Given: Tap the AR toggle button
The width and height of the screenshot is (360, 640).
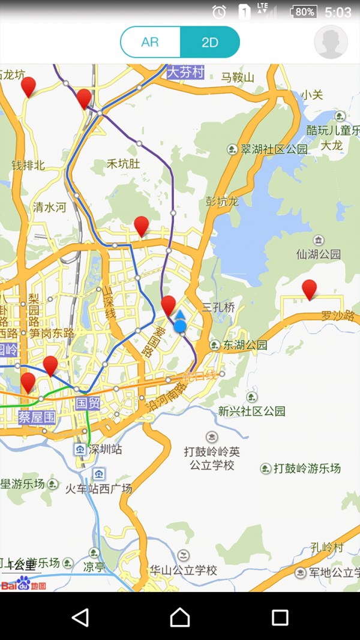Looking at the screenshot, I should (x=150, y=42).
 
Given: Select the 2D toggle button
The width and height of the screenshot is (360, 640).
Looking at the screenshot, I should (x=210, y=42).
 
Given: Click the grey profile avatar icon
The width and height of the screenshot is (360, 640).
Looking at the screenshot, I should (x=331, y=42).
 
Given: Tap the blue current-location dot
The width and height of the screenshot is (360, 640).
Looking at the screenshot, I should (x=180, y=326).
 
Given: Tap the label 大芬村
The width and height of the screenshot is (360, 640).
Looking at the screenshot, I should (x=186, y=73).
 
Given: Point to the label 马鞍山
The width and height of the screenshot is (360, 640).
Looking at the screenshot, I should (x=238, y=77).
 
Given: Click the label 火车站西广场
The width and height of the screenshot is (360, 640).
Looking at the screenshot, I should (x=98, y=489).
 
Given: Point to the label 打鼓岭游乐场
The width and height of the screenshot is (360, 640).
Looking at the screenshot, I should (x=307, y=468).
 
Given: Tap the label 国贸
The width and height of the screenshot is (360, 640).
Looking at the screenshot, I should (x=88, y=403).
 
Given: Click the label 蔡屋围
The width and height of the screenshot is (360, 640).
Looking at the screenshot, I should (x=37, y=417).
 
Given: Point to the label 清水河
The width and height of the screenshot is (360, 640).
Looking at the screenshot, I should (x=50, y=208).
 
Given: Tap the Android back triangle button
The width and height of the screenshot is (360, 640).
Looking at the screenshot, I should (x=80, y=617).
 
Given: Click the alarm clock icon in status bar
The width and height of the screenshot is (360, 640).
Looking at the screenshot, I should (x=219, y=11).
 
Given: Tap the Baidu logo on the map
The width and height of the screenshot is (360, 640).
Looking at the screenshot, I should (x=24, y=583).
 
